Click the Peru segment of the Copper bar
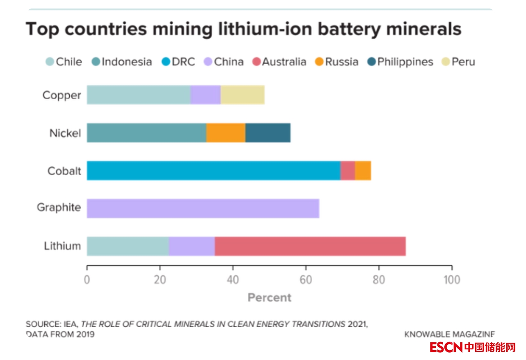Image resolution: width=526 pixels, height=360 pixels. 242,95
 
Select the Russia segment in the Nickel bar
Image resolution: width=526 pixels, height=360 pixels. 226,133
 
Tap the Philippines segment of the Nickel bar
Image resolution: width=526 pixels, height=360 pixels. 268,133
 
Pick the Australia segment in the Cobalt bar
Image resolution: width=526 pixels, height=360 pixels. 348,170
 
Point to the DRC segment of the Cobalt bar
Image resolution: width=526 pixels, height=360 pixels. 213,170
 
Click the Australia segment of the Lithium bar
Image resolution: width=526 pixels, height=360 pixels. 310,246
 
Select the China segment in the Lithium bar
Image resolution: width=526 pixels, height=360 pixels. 192,246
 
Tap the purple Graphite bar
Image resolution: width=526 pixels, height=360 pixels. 203,208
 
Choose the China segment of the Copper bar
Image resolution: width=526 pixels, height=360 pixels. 205,95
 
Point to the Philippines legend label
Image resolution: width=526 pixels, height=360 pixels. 405,62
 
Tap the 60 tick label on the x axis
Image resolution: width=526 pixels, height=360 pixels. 306,280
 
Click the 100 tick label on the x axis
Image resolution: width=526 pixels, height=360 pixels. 451,280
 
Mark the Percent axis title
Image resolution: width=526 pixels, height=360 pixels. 269,298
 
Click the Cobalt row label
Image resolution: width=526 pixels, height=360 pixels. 64,171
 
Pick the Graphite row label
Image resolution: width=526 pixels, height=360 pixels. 59,208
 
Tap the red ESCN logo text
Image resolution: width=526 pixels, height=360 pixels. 446,347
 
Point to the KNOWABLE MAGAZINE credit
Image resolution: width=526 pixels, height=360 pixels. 449,334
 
